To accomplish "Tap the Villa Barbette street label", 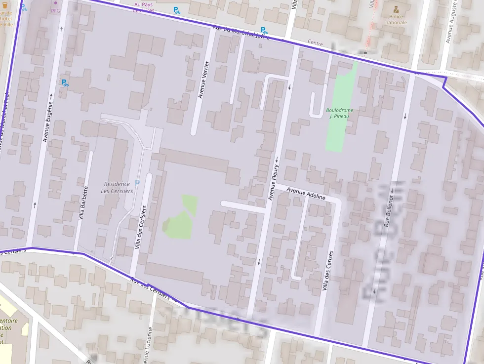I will (82, 202).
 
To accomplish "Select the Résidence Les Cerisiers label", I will (117, 187).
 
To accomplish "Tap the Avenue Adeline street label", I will (306, 193).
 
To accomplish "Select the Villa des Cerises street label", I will (327, 270).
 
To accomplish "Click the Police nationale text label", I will (396, 19).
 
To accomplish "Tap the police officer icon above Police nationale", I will (396, 8).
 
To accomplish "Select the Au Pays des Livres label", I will (144, 7).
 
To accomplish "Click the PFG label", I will (55, 10).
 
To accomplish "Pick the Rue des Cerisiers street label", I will (150, 289).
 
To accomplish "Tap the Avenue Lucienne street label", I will (147, 346).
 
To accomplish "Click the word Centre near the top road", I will (315, 43).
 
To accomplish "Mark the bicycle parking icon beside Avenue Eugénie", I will (64, 82).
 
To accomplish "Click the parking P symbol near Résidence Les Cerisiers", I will (137, 183).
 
